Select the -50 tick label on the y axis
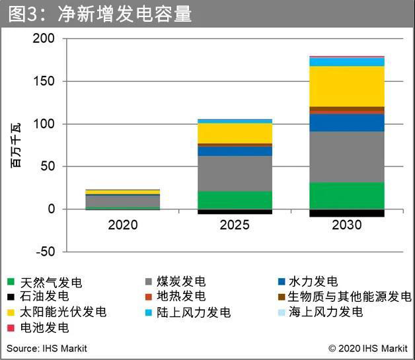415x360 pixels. [44, 252]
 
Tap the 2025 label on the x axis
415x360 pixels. [235, 225]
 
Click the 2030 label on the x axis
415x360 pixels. [347, 225]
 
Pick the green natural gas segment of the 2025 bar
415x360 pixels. [235, 200]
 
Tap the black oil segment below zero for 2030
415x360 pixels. [347, 213]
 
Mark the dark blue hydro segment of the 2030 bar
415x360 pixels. [347, 123]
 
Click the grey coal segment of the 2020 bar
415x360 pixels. [123, 201]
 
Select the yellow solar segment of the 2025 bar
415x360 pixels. [235, 133]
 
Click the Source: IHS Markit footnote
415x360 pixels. [47, 348]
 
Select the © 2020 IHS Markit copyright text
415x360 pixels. [367, 348]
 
